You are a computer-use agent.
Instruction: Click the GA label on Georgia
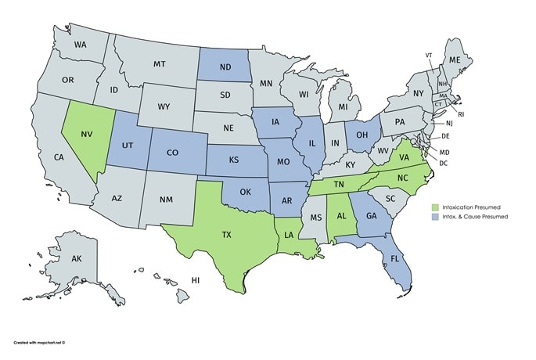[x=371, y=216]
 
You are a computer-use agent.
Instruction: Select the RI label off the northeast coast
[x=462, y=114]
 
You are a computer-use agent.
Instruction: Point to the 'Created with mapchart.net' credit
[x=39, y=342]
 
